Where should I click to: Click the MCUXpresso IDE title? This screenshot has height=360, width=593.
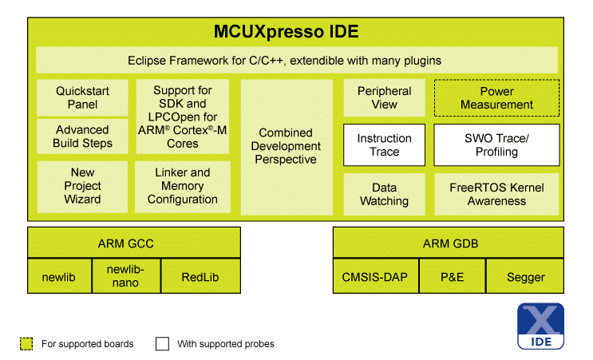(287, 33)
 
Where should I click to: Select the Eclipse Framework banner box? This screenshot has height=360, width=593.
(296, 60)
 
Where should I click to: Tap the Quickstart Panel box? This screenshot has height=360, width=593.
(82, 97)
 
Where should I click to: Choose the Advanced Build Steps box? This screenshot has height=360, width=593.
(82, 136)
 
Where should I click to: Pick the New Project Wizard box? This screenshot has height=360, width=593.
(82, 185)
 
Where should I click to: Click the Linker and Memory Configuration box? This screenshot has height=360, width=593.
(183, 185)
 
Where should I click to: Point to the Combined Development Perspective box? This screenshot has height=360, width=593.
(287, 146)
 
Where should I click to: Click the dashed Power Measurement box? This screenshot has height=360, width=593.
(496, 97)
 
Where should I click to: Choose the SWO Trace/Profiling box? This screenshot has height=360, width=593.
(496, 144)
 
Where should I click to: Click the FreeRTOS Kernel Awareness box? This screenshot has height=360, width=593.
(496, 194)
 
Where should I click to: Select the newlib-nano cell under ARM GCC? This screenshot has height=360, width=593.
(126, 276)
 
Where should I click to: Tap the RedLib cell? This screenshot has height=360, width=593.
(200, 277)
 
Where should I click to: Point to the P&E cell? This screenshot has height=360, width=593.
(452, 277)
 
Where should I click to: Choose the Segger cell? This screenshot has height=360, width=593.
(526, 277)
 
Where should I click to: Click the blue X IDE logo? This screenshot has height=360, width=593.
(540, 326)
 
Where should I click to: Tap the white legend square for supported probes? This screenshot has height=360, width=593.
(162, 344)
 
